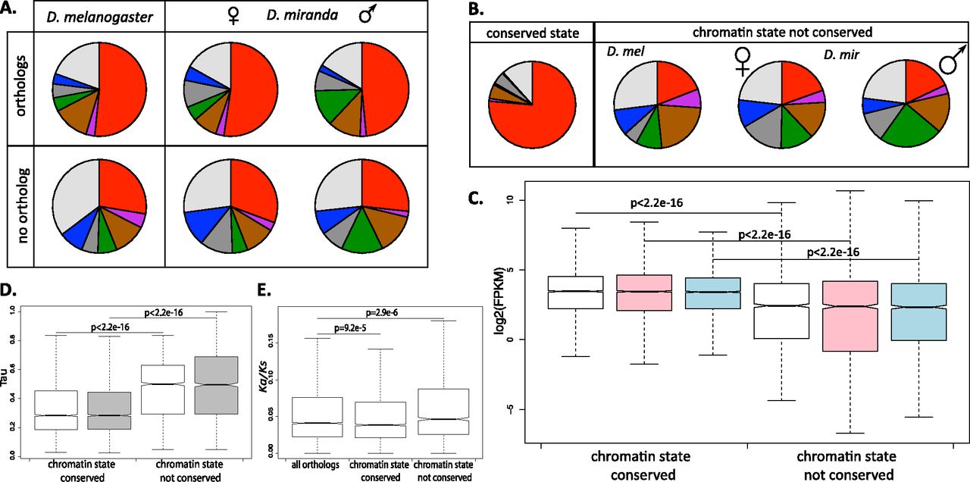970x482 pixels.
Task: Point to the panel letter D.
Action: point(9,291)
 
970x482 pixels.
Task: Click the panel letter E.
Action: point(263,291)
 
